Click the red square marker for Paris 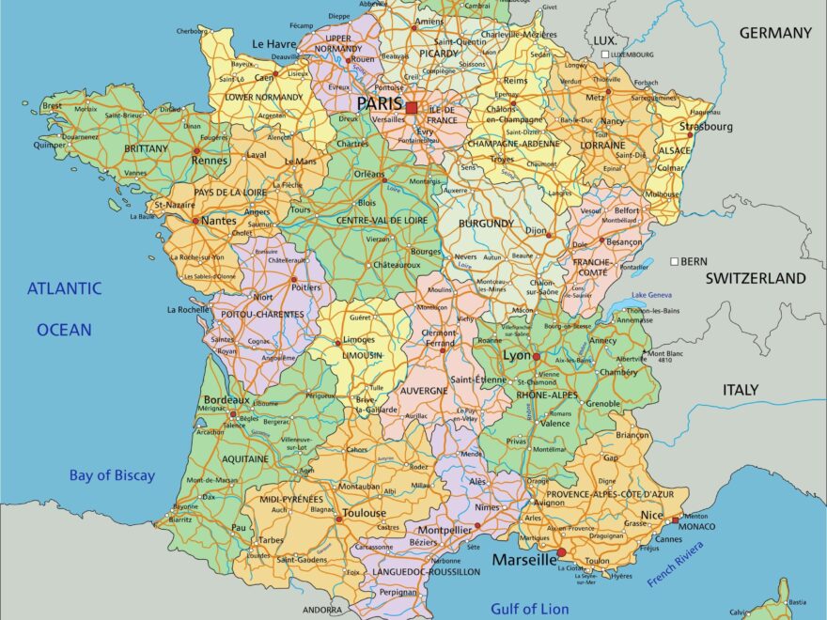(x=412, y=107)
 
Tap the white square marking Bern (x=674, y=260)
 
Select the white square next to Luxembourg (x=605, y=54)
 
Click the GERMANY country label (x=775, y=33)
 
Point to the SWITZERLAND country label (x=756, y=278)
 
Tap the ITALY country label (x=741, y=389)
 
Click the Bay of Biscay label (x=112, y=475)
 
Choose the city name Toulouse (x=364, y=513)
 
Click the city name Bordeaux (x=226, y=399)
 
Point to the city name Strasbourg (x=706, y=126)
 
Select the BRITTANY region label (x=146, y=148)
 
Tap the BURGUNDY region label (x=486, y=224)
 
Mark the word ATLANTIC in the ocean (x=64, y=288)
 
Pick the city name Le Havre (x=273, y=43)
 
